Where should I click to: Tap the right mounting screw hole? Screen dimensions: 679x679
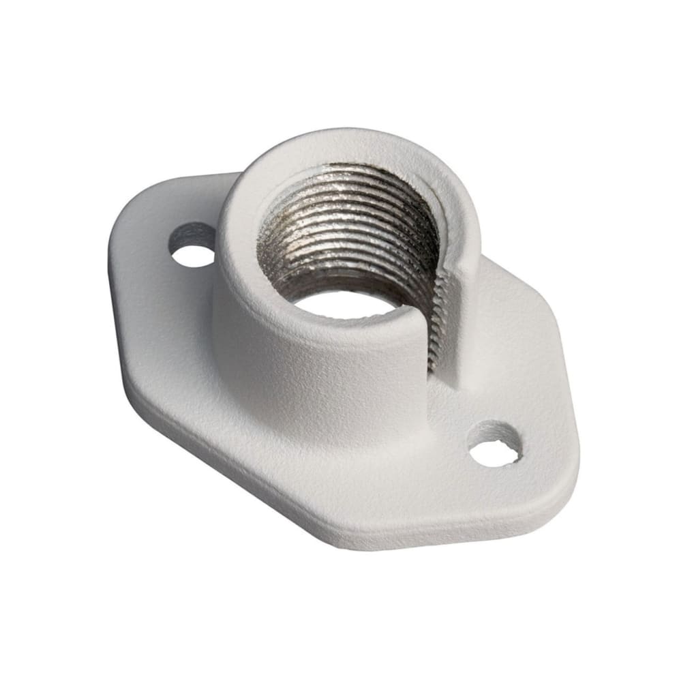pyautogui.click(x=496, y=453)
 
